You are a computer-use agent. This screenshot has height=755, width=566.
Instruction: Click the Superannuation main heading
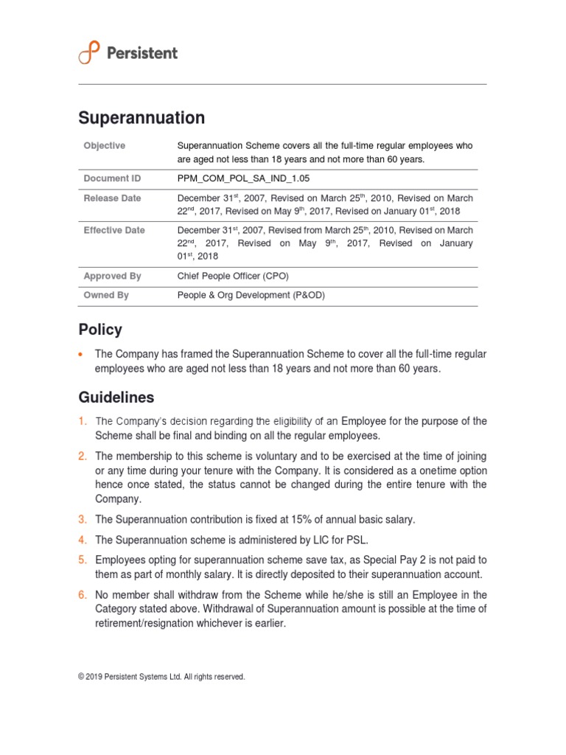click(141, 118)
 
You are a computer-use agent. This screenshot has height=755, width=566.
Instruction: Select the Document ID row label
click(112, 178)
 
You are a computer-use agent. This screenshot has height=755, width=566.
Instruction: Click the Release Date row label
click(112, 198)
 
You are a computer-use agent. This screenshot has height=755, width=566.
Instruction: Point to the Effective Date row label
click(114, 230)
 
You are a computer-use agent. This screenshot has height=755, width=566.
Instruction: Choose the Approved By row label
click(112, 276)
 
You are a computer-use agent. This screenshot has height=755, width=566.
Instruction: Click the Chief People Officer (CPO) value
click(233, 276)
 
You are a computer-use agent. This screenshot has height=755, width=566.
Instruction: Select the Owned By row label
click(106, 295)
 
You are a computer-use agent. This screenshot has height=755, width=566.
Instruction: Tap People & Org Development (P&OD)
click(251, 295)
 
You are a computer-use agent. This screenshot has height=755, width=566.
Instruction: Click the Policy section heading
click(100, 330)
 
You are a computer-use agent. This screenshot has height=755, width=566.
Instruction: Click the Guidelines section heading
click(116, 397)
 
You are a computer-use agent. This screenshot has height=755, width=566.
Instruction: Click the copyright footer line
click(161, 677)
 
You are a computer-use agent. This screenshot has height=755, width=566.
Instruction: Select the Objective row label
click(105, 146)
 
